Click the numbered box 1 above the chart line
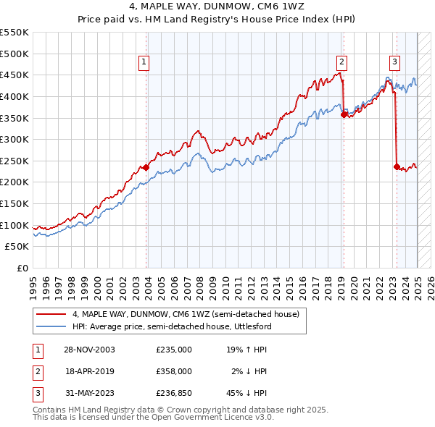pos(144,62)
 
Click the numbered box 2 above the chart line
pos(341,62)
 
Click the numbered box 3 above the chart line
pos(394,62)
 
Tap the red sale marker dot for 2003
pos(146,167)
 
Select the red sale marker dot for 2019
pos(344,113)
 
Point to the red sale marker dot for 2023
pos(397,166)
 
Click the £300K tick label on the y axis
pos(14,139)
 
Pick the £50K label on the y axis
pos(17,247)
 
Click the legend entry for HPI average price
pos(171,327)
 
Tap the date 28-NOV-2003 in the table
pos(90,349)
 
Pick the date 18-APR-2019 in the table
pos(90,371)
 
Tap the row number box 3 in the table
pos(37,394)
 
